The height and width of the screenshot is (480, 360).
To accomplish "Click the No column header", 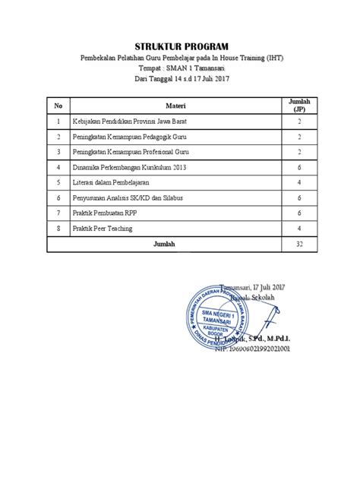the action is pos(57,104).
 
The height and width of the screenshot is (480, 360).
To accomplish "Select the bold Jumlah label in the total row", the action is pos(165,244).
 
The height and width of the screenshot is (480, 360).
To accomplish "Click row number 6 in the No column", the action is pos(57,197).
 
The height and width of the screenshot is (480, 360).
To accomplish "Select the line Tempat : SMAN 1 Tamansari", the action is pos(180,67).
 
